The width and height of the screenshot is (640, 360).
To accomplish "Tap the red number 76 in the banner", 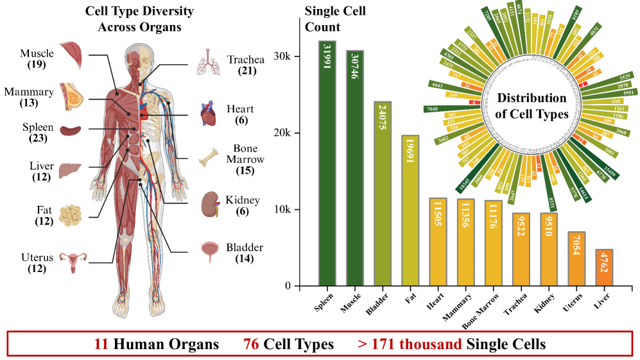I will pos(252,344).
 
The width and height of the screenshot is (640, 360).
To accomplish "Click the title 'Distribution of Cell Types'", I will pos(532,107).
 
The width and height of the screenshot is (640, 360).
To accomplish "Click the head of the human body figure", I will pos(139,57).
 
